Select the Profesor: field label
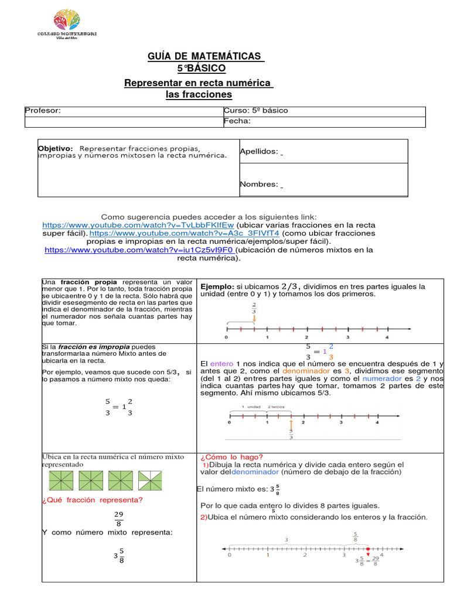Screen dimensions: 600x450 (43, 111)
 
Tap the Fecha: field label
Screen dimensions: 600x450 (237, 121)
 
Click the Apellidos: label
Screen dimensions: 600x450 (259, 152)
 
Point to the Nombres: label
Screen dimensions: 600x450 (258, 184)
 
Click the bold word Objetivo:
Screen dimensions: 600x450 (55, 148)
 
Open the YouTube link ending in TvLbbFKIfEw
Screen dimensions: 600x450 (138, 225)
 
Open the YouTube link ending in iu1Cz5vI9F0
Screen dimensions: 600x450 (138, 250)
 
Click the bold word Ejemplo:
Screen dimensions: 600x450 (217, 287)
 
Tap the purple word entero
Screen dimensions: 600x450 (221, 363)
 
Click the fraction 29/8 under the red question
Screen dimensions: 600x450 (119, 519)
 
